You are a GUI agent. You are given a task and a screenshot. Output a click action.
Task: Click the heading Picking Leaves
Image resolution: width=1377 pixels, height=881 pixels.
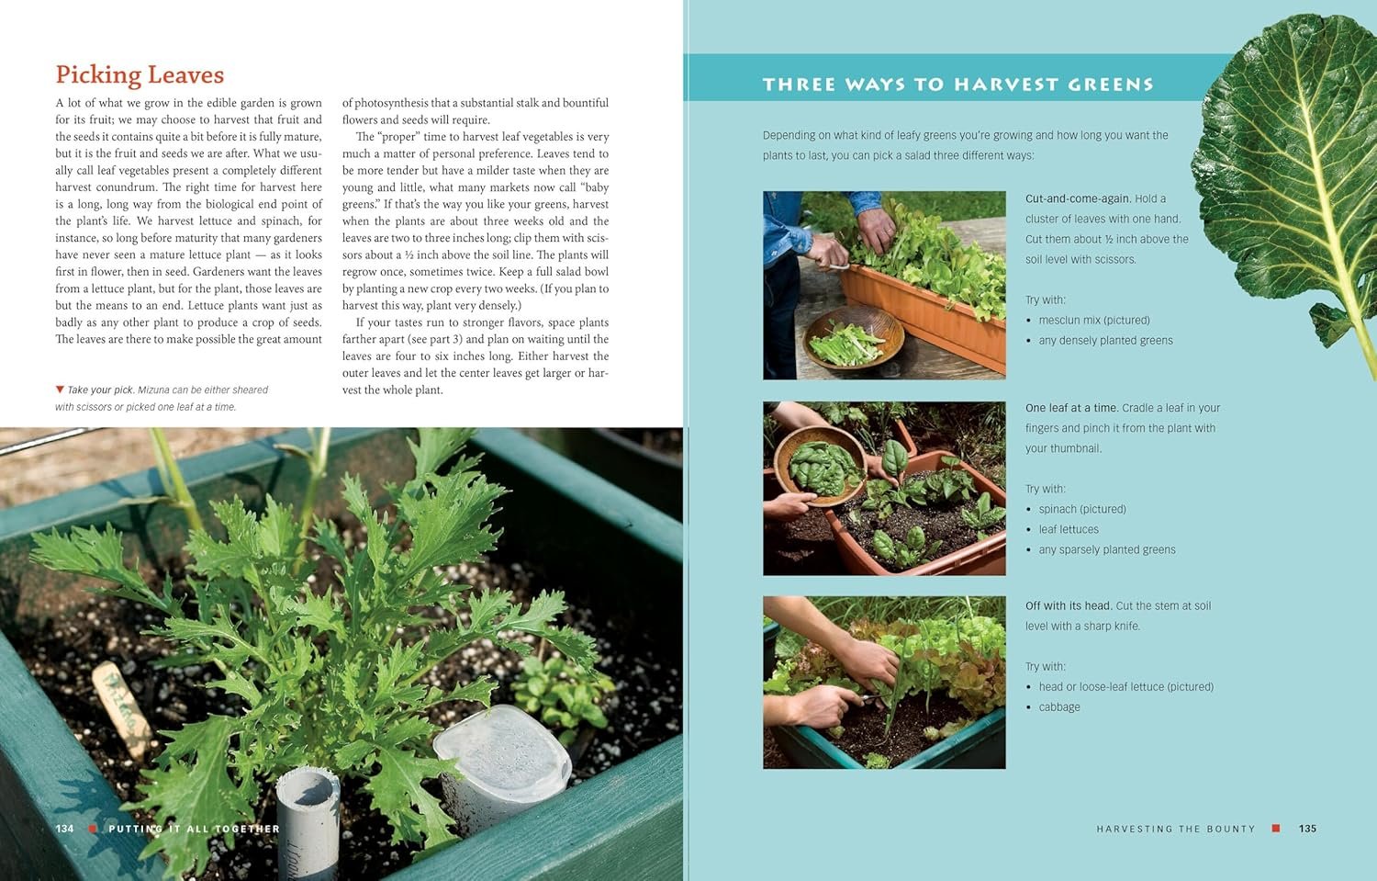(140, 75)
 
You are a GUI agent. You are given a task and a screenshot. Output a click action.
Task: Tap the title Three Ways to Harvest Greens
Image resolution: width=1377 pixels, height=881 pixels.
(958, 85)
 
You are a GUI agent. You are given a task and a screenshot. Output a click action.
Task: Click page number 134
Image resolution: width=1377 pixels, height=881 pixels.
(64, 828)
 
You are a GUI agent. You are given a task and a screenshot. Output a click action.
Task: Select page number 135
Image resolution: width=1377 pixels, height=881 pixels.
(1307, 828)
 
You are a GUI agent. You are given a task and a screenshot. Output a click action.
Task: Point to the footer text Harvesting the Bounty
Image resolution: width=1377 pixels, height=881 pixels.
(1176, 829)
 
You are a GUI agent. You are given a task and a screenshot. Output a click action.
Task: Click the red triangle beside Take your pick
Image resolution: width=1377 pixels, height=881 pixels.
(60, 389)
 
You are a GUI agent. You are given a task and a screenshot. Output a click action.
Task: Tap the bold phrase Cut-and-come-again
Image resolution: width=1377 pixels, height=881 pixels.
(1079, 198)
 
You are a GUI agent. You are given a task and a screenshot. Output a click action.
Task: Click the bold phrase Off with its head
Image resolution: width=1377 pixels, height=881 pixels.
(1069, 605)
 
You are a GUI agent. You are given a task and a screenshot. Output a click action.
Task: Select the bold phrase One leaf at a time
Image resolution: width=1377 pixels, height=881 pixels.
(1071, 407)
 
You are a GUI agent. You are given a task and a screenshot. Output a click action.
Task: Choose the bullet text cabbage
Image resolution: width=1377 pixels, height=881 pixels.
(1059, 706)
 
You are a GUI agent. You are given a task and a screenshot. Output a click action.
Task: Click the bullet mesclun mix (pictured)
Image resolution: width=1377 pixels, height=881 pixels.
(1094, 320)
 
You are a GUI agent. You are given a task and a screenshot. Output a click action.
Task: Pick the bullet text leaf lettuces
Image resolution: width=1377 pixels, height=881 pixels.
(1069, 529)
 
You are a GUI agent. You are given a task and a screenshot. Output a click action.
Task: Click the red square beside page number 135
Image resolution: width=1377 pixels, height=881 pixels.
(1276, 828)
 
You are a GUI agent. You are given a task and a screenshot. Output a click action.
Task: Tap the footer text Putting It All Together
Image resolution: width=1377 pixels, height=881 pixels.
(195, 829)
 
